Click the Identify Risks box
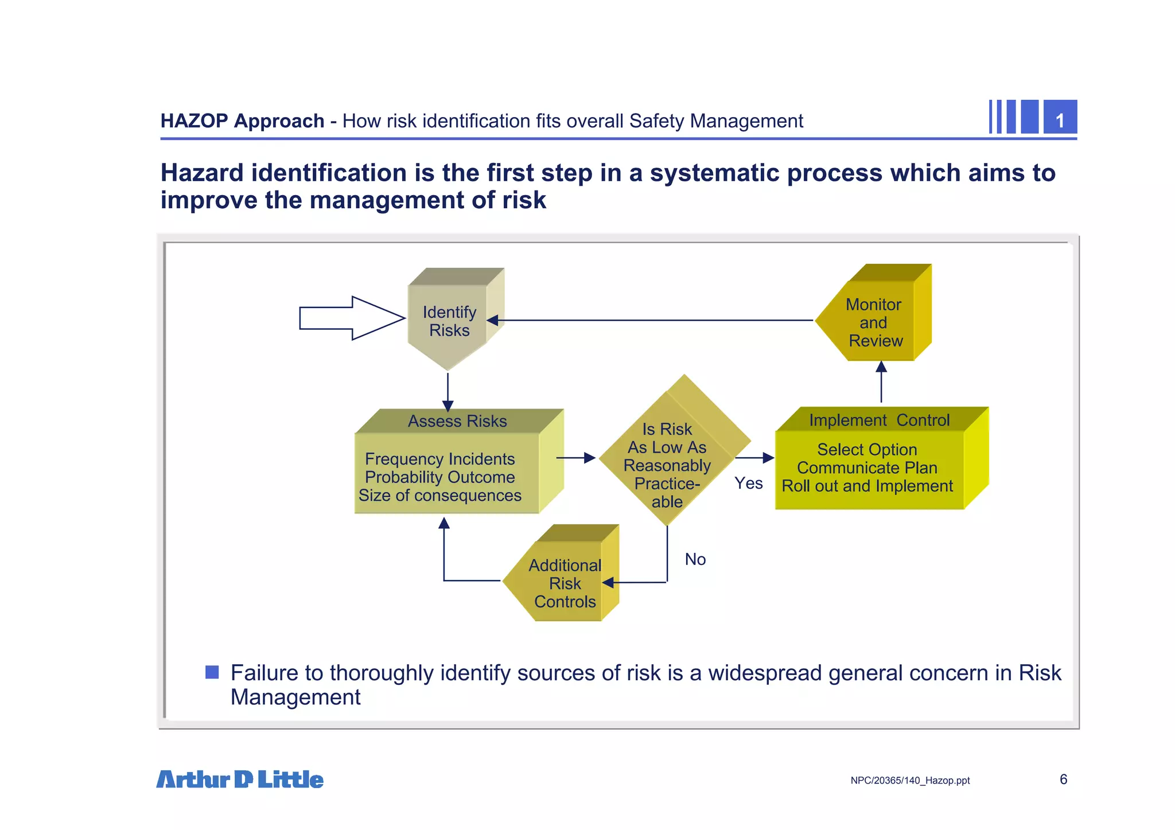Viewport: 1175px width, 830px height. click(x=449, y=321)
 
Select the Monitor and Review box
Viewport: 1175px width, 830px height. click(x=874, y=322)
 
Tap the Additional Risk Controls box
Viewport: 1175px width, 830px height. click(x=565, y=583)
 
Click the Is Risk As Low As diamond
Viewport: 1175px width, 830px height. click(x=667, y=456)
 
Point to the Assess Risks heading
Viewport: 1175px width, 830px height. click(x=457, y=421)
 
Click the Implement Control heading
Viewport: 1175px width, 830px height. click(x=879, y=420)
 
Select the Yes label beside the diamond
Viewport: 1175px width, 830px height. click(x=748, y=483)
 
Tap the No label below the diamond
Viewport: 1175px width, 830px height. click(x=695, y=559)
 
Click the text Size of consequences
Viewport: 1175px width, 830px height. click(x=439, y=495)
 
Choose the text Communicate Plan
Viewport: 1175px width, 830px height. click(x=866, y=467)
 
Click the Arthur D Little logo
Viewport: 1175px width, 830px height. click(x=240, y=779)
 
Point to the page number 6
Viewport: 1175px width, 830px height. click(x=1063, y=779)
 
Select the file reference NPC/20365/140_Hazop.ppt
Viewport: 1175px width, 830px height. click(x=910, y=780)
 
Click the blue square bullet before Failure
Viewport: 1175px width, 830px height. click(x=212, y=672)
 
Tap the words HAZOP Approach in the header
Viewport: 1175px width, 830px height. click(x=242, y=121)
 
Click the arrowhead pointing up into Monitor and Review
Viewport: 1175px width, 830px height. click(x=881, y=367)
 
